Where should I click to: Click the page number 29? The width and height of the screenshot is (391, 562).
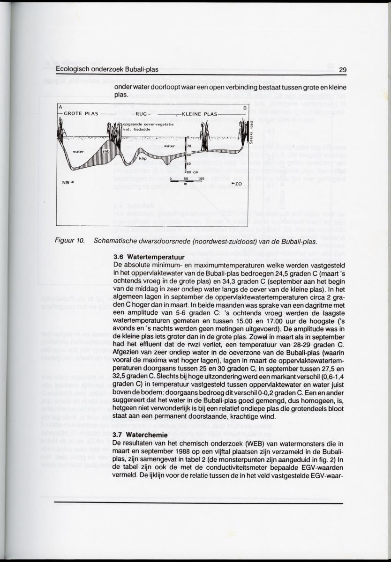point(342,70)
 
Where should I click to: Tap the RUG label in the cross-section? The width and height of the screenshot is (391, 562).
point(141,114)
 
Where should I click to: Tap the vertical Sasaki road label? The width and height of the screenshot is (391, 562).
point(252,132)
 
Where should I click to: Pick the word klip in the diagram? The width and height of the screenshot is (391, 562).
point(143,159)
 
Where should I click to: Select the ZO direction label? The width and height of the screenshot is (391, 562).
point(237,184)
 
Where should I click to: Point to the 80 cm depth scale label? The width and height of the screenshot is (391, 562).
point(193,173)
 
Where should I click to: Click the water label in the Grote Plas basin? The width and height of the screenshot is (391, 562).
point(79,151)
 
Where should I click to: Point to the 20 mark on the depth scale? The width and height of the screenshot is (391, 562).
point(189,146)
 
